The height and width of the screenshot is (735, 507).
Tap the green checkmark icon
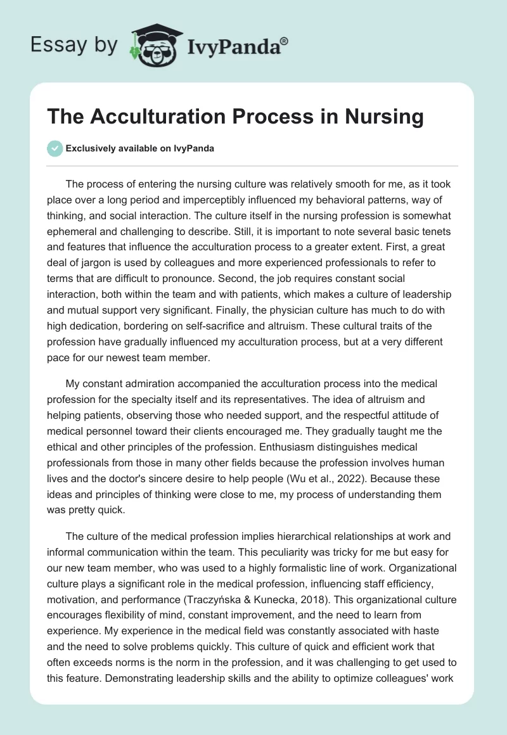(x=55, y=148)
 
